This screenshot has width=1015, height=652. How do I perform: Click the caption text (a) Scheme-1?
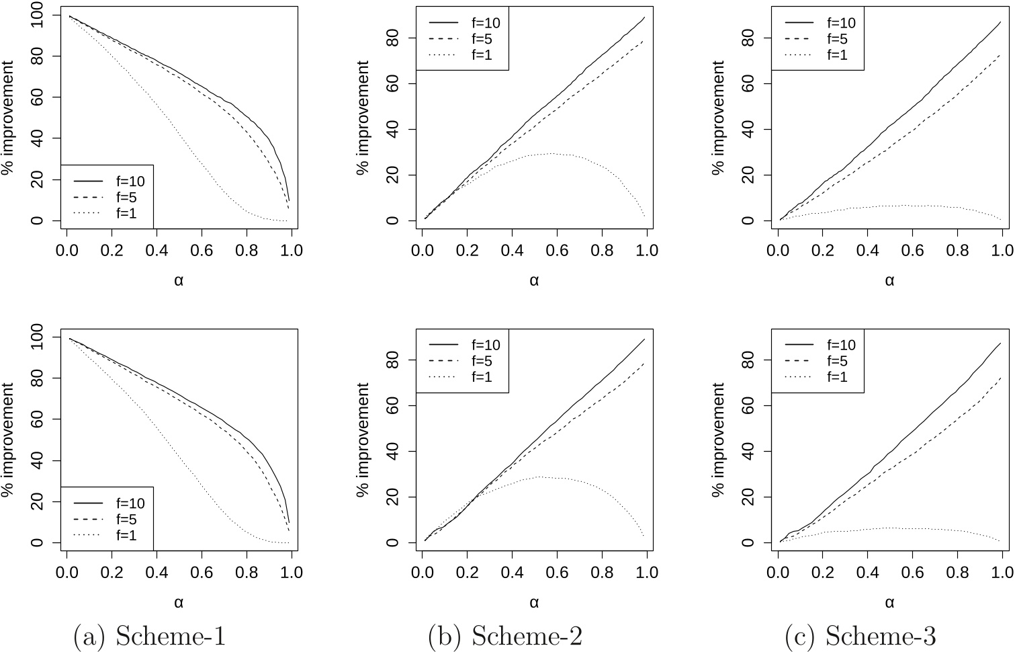149,636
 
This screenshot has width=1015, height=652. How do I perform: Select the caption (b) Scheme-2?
504,636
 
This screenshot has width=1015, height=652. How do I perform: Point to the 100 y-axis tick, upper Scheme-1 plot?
39,15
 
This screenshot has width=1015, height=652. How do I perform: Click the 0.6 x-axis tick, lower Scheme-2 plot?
556,573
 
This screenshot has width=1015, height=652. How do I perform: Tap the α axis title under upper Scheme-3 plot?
889,280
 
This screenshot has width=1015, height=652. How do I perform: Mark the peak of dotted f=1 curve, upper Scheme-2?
551,153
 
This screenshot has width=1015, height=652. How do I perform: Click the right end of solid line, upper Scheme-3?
1000,22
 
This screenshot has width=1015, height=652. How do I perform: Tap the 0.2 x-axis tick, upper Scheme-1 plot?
112,250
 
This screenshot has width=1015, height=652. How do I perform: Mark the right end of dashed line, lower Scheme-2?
644,364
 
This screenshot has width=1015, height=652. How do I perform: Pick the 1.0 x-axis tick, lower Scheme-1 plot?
291,573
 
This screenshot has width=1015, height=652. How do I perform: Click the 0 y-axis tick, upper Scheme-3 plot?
749,220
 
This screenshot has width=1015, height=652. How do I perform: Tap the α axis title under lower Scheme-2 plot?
534,602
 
